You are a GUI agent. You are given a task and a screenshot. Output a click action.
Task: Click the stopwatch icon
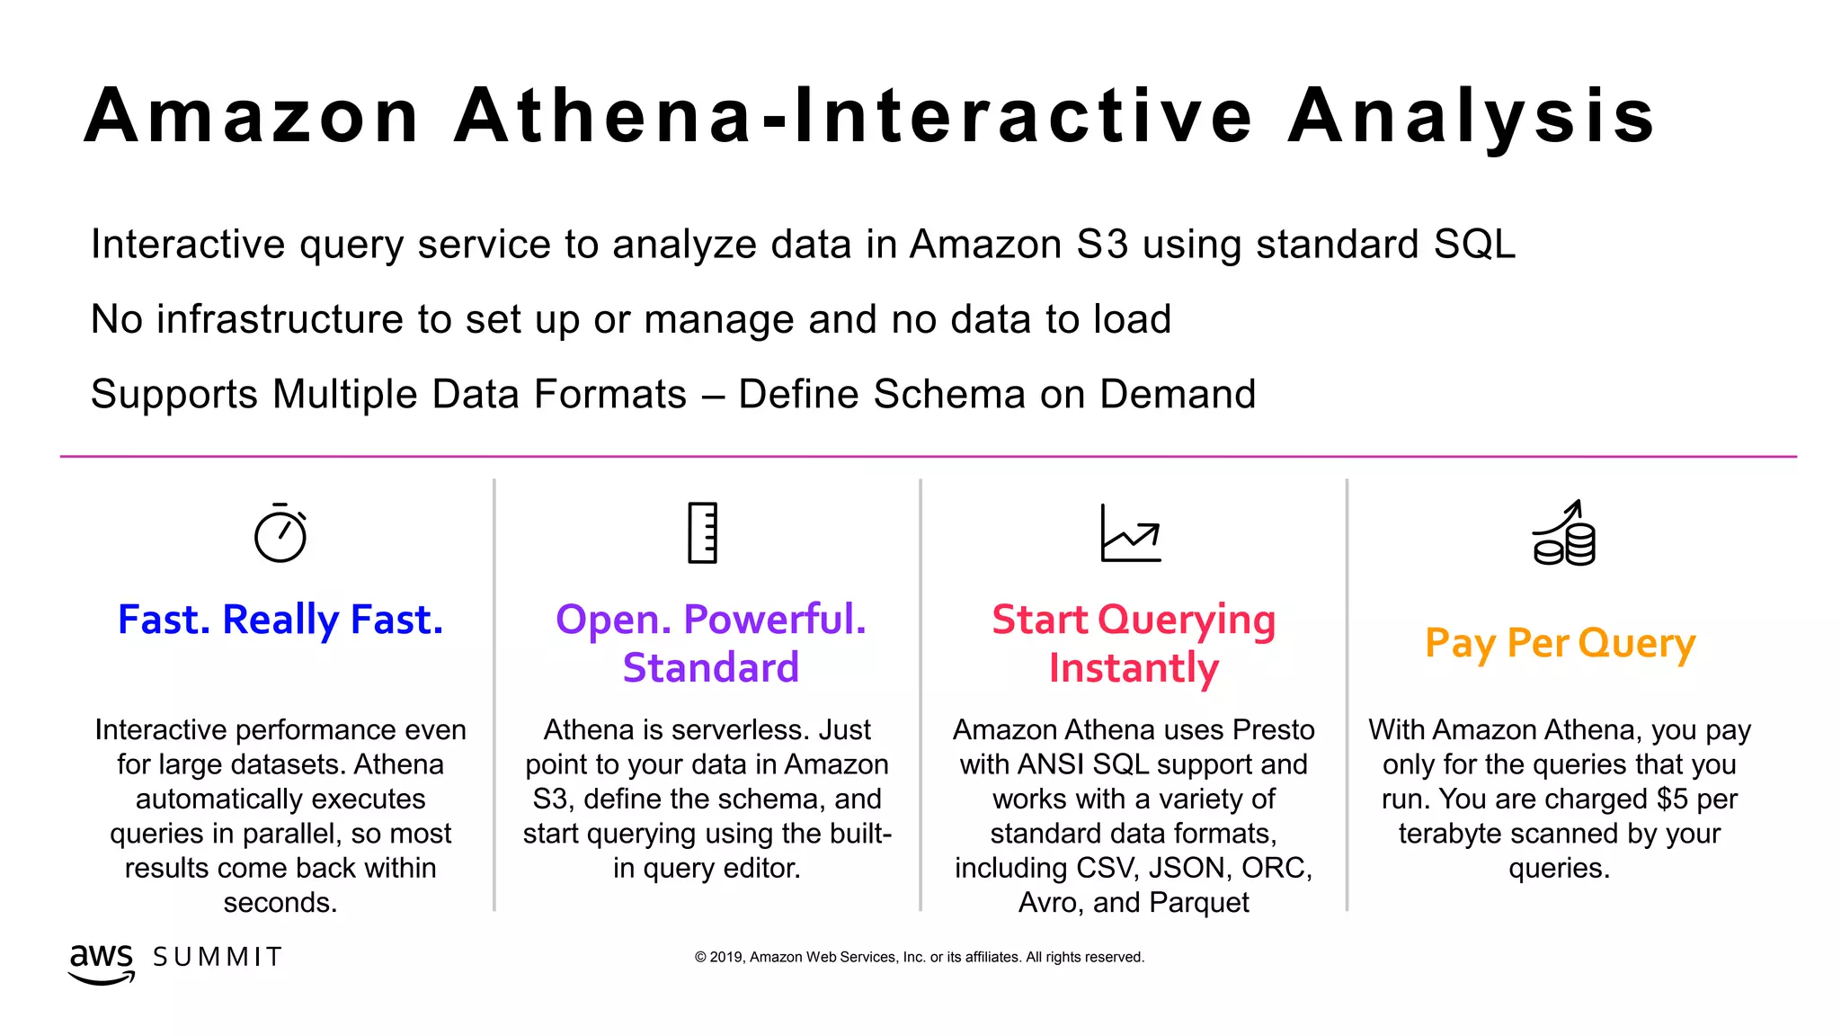pos(280,533)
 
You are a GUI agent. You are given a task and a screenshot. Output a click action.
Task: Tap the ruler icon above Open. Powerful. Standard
pos(703,532)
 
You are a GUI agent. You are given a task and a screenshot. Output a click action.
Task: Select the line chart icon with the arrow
pos(1131,533)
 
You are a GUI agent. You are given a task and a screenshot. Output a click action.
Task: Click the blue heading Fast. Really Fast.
pos(280,620)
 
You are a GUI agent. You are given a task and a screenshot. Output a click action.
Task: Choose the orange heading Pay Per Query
pos(1560,644)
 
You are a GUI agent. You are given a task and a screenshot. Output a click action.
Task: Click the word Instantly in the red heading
pos(1134,668)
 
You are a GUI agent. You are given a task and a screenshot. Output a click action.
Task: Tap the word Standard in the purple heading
pos(710,667)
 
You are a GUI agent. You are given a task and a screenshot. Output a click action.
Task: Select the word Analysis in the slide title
pos(1472,116)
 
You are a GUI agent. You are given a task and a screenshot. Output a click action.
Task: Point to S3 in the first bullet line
pos(1101,245)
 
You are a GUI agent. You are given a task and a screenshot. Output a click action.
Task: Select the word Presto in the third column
pos(1273,729)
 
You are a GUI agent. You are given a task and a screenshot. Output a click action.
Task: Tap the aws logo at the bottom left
pos(102,962)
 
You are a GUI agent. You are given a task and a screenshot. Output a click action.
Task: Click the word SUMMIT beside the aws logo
pos(218,957)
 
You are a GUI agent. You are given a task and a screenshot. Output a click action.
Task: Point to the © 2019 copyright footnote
pos(919,957)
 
